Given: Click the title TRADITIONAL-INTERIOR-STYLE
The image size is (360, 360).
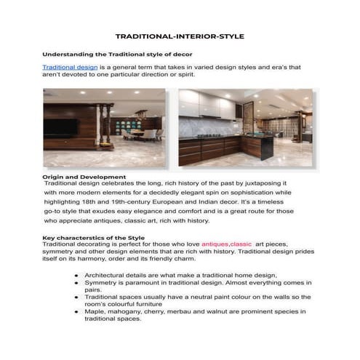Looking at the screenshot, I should coord(180,36).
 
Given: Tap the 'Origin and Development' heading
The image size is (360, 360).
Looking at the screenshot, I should coord(84,177).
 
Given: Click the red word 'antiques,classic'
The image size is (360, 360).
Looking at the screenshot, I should coord(226,244).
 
